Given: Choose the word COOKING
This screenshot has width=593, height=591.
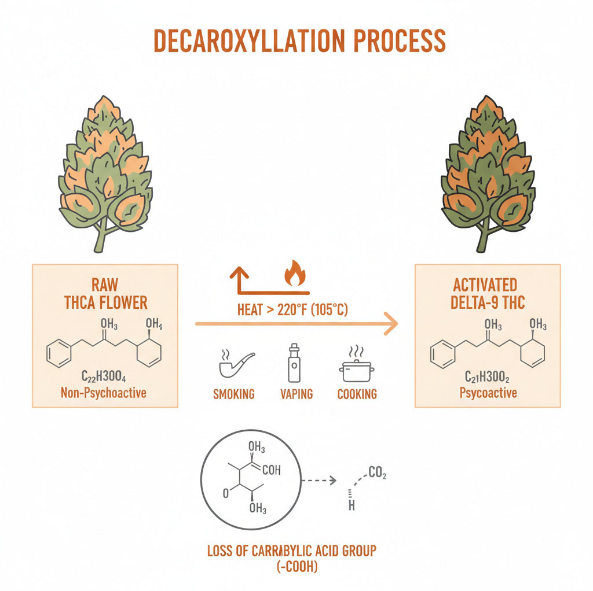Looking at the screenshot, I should pos(357,394).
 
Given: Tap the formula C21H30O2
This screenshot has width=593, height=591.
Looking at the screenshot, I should pos(487,376).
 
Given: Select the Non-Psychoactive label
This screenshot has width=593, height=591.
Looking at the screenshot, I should pos(104,393).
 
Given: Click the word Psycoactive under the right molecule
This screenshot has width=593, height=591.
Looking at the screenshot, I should pos(488,393).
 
